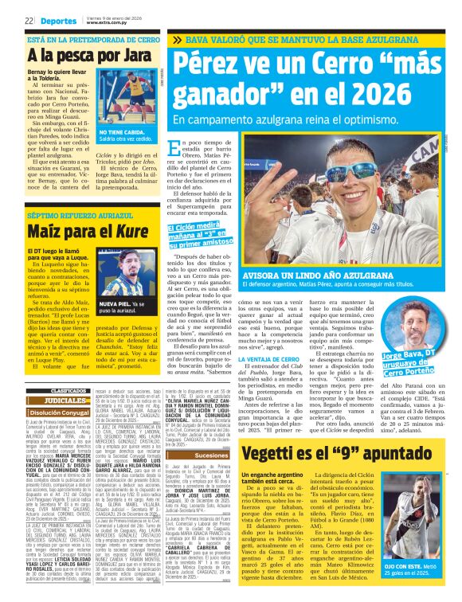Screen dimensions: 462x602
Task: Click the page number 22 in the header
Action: (x=28, y=21)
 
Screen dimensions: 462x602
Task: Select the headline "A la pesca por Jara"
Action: (x=83, y=56)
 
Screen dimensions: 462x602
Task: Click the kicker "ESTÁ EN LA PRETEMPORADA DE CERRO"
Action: (x=83, y=37)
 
